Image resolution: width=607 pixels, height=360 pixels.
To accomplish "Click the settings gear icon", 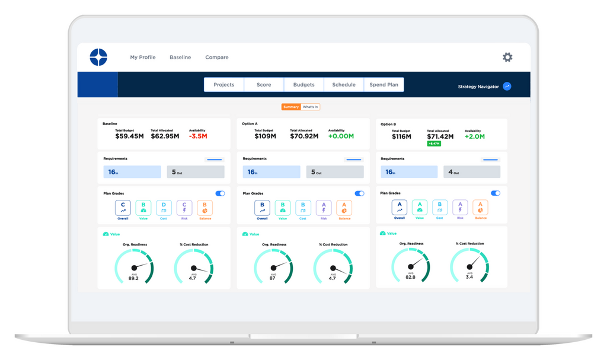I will point(507,58).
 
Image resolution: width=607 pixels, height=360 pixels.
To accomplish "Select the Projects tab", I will point(223,85).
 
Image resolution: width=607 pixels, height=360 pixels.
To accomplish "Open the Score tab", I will point(264,85).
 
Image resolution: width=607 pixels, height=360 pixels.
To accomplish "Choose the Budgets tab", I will point(303,85).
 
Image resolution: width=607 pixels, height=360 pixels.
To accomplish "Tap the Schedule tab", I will point(344,85).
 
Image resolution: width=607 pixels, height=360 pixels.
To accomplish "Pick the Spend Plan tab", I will point(384,85).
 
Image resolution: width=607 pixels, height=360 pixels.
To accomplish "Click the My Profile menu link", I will point(143,58).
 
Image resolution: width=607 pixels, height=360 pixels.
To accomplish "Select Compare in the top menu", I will point(217,58).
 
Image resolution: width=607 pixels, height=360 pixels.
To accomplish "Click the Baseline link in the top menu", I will point(180,58).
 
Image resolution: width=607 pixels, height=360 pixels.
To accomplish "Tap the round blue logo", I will point(98,58).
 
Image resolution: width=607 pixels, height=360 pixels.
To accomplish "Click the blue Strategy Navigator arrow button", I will point(507,87).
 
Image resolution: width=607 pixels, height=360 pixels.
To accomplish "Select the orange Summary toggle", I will point(291,107).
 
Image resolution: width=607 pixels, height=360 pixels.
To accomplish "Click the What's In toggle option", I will point(310,107).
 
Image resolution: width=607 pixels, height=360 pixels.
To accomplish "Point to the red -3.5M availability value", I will point(198,136).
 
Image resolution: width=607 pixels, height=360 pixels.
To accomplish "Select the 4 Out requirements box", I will point(472,172).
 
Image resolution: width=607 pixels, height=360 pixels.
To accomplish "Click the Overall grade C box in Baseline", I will point(123,208).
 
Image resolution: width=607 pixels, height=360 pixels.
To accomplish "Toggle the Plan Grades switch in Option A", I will point(359,193).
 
